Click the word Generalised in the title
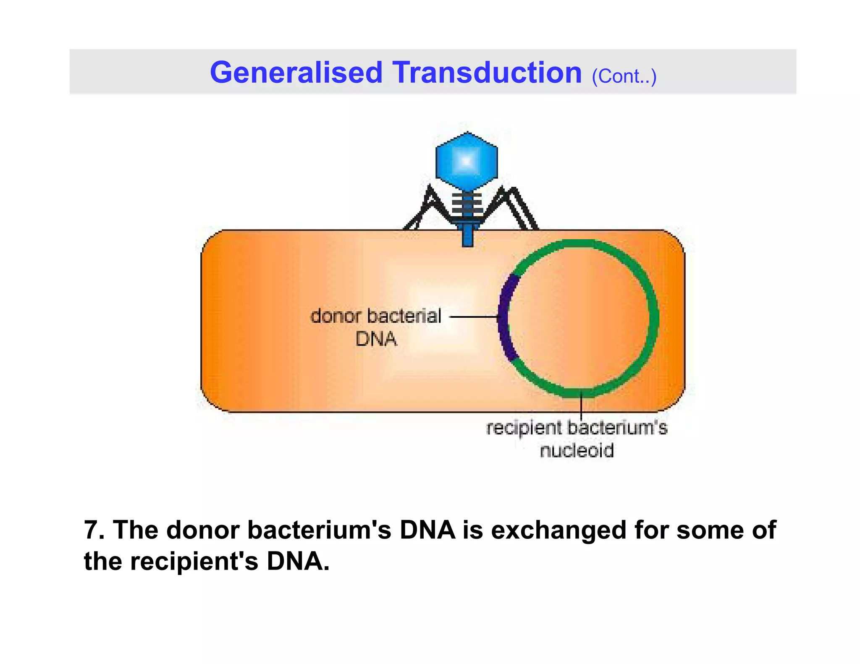(x=296, y=73)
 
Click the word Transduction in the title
(x=487, y=73)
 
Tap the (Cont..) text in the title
(x=624, y=76)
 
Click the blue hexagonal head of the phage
(x=467, y=161)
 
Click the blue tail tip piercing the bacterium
(x=467, y=237)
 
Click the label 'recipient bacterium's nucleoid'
(x=577, y=439)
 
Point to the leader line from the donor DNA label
(x=474, y=317)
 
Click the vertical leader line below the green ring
(x=581, y=405)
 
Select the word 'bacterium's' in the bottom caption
(x=319, y=530)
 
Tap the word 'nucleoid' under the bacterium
(x=577, y=451)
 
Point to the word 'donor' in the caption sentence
(x=203, y=530)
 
